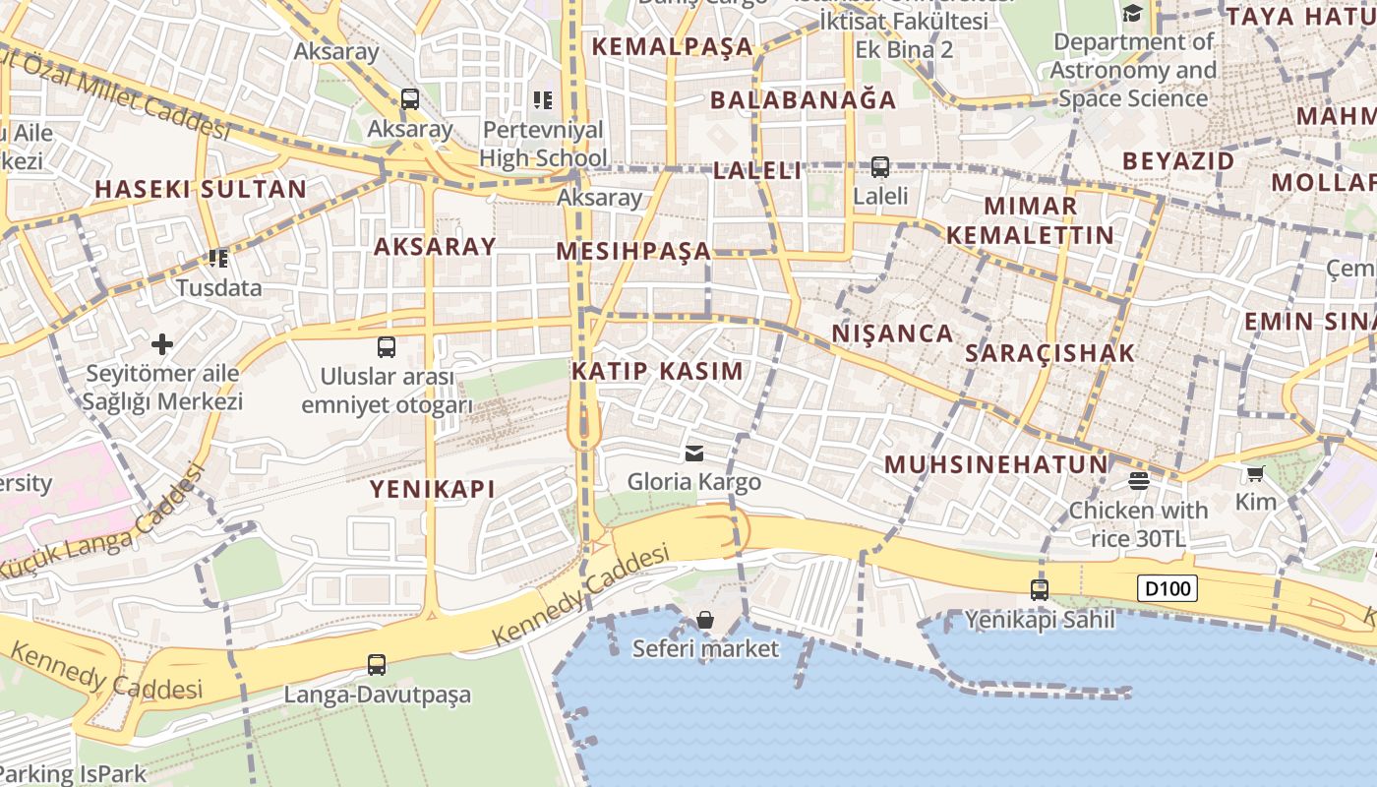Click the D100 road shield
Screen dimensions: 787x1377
tap(1168, 589)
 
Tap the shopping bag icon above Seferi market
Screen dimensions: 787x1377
tap(705, 620)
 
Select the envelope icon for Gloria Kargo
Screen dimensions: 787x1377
tap(694, 453)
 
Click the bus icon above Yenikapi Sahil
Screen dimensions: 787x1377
tap(1040, 590)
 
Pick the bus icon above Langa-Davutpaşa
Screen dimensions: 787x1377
tap(377, 665)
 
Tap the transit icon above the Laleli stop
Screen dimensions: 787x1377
tap(880, 167)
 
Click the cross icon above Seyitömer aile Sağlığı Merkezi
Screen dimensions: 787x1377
tap(162, 344)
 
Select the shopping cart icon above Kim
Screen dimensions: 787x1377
tap(1255, 474)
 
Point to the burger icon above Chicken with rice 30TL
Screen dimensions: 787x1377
tap(1139, 481)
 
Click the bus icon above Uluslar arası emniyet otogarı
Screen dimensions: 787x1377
tap(387, 347)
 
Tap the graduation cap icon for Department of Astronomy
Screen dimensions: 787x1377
tap(1133, 14)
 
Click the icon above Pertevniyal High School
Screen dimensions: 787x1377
tap(542, 99)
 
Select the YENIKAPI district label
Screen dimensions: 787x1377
tap(432, 489)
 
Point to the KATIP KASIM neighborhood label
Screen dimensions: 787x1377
tap(657, 371)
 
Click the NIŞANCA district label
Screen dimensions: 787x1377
tap(892, 333)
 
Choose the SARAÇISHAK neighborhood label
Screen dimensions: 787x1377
tap(1049, 353)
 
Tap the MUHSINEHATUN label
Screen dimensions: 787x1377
tap(995, 464)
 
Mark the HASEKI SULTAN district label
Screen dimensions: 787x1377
tap(201, 190)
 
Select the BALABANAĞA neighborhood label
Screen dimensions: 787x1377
tap(803, 99)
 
